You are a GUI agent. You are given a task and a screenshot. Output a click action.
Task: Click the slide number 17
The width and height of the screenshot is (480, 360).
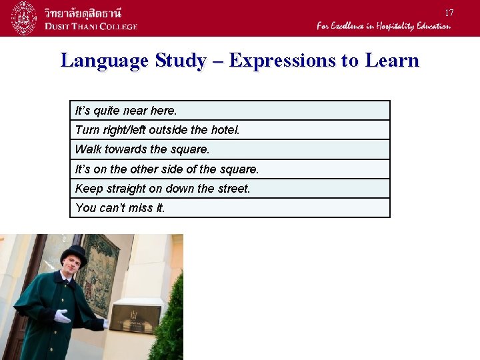[449, 13]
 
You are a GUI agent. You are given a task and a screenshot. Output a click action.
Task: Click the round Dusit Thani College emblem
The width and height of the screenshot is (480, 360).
[23, 18]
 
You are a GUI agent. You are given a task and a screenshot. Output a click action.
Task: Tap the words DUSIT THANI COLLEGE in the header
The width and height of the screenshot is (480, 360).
[91, 26]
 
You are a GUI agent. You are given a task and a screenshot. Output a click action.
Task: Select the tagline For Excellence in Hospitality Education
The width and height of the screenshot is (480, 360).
[383, 26]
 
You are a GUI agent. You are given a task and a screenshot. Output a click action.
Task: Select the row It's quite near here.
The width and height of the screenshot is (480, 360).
[229, 111]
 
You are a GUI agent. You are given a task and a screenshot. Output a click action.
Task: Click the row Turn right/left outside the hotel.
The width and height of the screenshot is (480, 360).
[229, 130]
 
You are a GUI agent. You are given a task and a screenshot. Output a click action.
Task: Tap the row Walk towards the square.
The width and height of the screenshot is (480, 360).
[229, 149]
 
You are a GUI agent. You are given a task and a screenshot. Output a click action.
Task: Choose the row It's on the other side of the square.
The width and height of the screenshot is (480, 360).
[229, 169]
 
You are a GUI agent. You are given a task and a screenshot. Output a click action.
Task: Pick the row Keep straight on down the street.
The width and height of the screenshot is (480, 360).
[229, 189]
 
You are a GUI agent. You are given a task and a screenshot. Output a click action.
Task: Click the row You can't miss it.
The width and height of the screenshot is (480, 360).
[229, 208]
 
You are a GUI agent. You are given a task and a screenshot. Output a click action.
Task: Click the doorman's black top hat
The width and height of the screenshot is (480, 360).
[73, 254]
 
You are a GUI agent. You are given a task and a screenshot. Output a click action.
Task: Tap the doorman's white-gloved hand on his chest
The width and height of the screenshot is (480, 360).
[61, 316]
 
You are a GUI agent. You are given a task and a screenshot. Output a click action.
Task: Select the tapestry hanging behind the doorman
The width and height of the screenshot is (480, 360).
[100, 273]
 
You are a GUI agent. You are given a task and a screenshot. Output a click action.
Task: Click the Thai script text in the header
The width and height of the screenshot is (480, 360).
[87, 11]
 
